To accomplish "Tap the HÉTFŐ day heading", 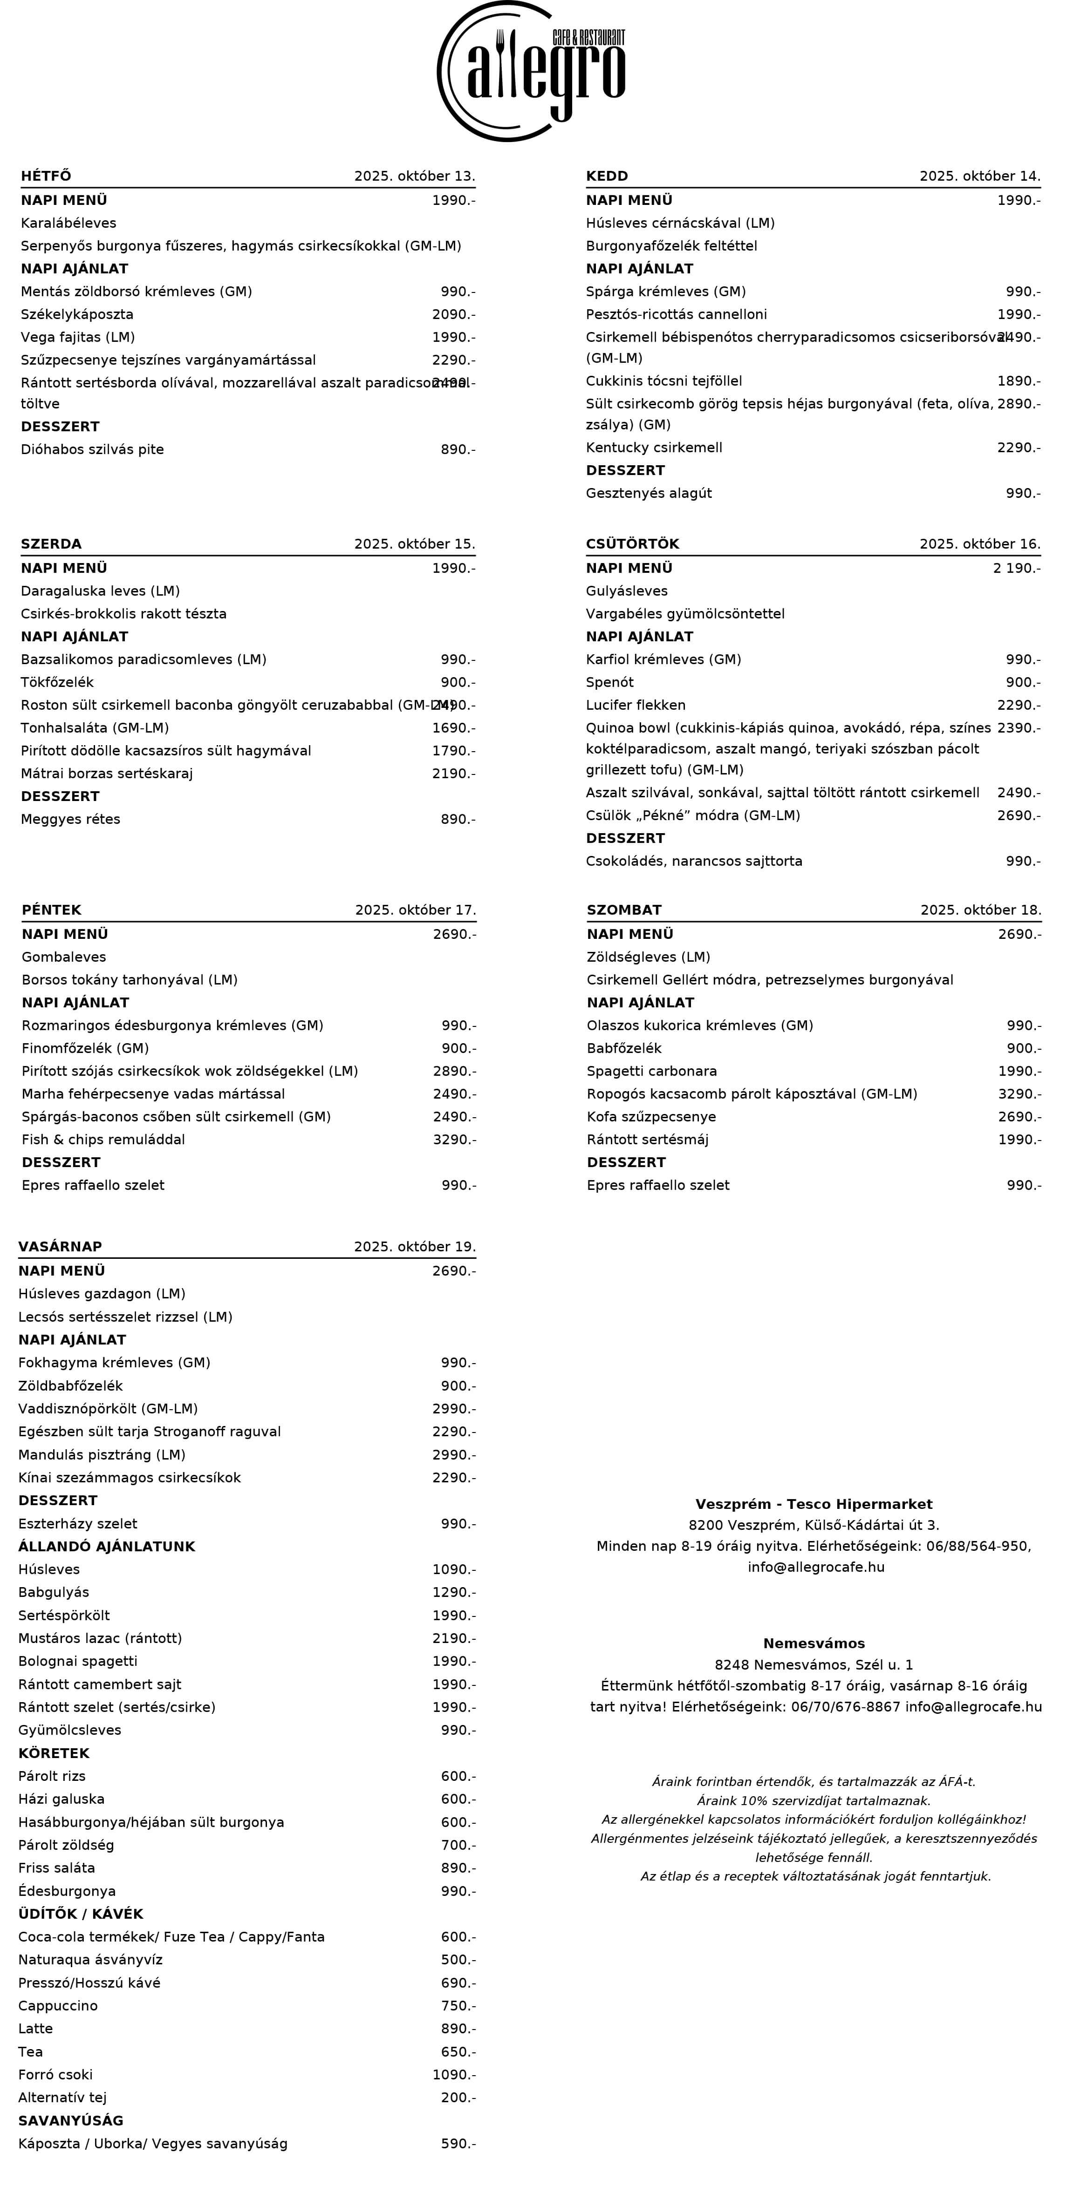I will click(x=46, y=176).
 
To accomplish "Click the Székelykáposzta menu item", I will click(x=77, y=314).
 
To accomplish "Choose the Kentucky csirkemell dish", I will click(x=654, y=448).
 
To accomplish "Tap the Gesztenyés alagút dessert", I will click(x=649, y=493).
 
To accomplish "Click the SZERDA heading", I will click(x=51, y=544).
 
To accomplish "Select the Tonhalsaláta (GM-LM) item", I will click(x=95, y=727).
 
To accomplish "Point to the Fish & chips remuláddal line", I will click(x=103, y=1139).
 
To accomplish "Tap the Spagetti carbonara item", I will click(x=652, y=1071).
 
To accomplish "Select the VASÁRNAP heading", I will click(x=60, y=1247).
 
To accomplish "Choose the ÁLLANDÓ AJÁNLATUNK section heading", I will click(x=107, y=1547).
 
